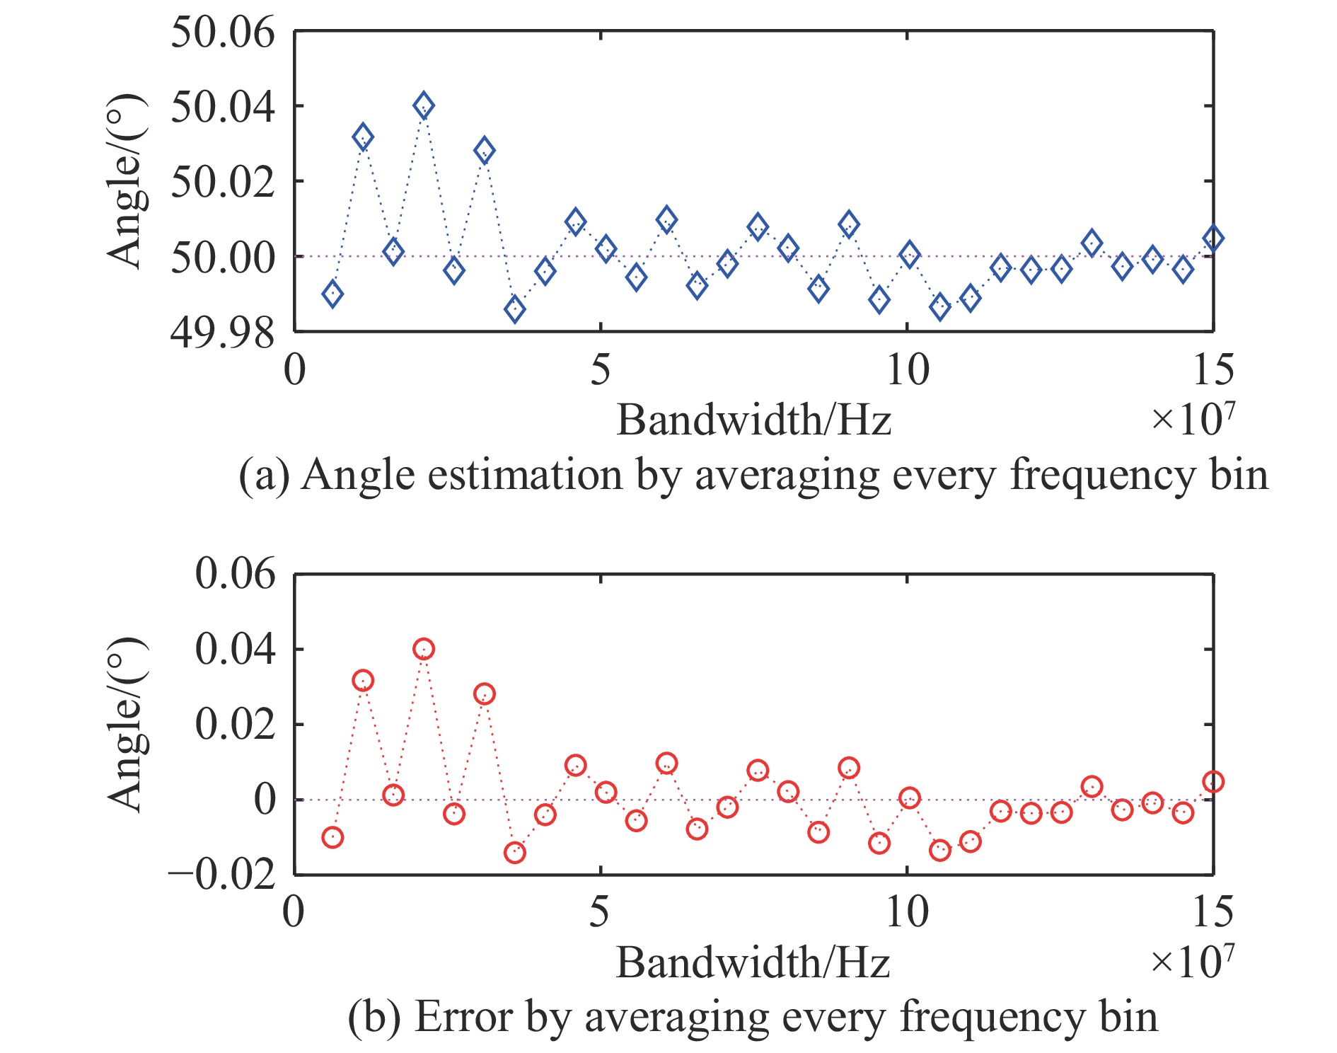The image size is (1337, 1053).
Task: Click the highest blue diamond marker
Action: [423, 106]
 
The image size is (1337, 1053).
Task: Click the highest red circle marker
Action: [423, 649]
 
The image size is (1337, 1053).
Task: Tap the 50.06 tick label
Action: [222, 33]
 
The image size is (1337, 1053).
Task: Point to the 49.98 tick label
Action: [222, 333]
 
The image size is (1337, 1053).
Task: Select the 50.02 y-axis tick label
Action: [222, 182]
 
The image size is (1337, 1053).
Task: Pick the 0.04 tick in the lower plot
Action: [235, 650]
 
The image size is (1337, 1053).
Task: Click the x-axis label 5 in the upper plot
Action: [600, 370]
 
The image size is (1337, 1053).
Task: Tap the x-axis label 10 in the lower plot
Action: [907, 913]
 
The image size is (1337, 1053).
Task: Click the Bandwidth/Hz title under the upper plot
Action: [753, 421]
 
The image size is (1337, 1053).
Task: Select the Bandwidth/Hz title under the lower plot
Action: [753, 964]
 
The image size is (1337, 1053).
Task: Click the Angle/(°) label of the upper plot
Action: [126, 181]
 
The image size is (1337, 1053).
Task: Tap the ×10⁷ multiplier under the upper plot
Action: [1193, 419]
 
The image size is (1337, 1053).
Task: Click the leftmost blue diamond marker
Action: [332, 294]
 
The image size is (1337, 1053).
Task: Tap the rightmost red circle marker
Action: [1213, 782]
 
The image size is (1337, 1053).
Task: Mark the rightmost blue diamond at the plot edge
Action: [1213, 238]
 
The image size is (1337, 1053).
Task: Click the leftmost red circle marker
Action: [332, 838]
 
